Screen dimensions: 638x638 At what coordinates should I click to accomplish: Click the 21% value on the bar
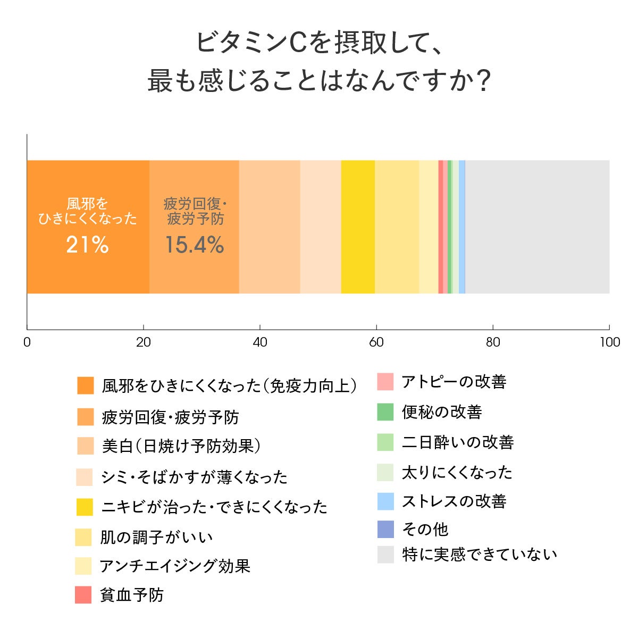coord(87,245)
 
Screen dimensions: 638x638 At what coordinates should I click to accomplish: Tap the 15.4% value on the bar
coord(194,245)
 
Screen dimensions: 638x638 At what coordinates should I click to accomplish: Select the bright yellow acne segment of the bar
coord(358,226)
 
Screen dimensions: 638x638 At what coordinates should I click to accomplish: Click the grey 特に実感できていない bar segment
coord(537,226)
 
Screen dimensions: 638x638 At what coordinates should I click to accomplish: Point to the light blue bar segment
coord(462,226)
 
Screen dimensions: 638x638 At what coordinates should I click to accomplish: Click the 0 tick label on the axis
coord(27,342)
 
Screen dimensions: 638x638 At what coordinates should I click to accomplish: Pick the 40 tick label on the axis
coord(260,342)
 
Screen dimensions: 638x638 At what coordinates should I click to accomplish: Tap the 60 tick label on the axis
coord(376,342)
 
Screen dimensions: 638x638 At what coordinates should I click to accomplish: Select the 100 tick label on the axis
coord(609,342)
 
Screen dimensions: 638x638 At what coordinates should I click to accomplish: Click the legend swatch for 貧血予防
coord(83,595)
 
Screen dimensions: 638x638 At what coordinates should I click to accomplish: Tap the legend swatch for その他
coord(385,529)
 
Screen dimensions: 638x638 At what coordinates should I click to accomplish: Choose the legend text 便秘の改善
coord(442,412)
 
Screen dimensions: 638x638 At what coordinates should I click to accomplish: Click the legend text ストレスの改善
coord(454,501)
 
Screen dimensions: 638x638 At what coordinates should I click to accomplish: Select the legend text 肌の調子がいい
coord(157,537)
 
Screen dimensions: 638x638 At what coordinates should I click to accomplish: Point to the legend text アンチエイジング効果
coord(175,566)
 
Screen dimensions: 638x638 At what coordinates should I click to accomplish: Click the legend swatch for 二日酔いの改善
coord(385,442)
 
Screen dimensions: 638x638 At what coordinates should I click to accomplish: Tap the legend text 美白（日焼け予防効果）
coord(181,446)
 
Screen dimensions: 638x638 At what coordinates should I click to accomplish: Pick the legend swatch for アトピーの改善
coord(385,382)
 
